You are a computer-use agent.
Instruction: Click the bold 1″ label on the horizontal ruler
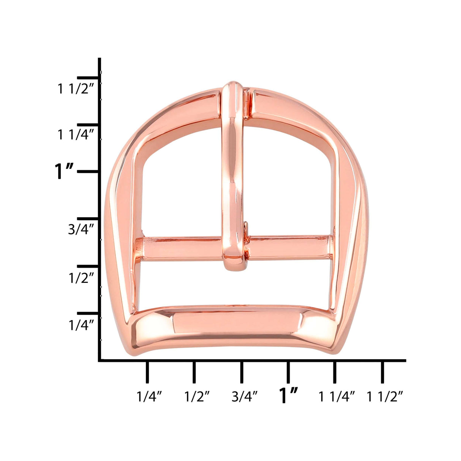(288, 396)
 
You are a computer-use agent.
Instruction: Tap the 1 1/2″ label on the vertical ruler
(75, 89)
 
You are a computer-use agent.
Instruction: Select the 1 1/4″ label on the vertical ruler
(75, 134)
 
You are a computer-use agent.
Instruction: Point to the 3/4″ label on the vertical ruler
(81, 229)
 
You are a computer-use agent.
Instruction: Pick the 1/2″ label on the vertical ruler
(81, 278)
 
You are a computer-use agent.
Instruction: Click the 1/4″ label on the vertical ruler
(81, 325)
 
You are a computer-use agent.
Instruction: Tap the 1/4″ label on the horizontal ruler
(149, 397)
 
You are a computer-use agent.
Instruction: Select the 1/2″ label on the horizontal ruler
(197, 397)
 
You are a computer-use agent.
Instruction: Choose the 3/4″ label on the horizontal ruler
(245, 397)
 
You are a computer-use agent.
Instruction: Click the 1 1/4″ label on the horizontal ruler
(336, 397)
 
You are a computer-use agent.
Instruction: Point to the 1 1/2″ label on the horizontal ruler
(384, 397)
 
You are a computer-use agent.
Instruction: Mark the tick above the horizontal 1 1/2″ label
(382, 372)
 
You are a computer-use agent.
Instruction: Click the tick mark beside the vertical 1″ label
(88, 172)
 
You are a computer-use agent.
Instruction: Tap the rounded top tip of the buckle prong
(233, 87)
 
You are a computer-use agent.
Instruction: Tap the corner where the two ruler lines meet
(100, 360)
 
